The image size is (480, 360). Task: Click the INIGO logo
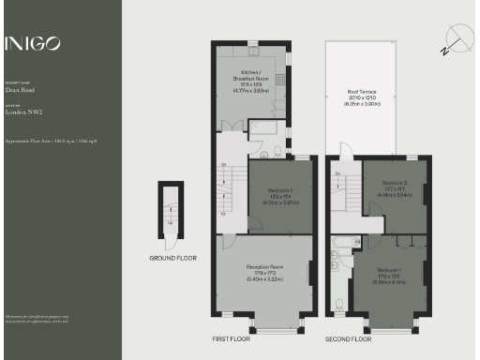click(34, 43)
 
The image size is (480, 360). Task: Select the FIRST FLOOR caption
click(231, 338)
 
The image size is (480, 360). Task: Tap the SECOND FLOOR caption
click(346, 338)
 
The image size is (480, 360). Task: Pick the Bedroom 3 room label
click(280, 192)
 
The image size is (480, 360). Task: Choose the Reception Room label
click(264, 273)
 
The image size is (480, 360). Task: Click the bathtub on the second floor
click(339, 252)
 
